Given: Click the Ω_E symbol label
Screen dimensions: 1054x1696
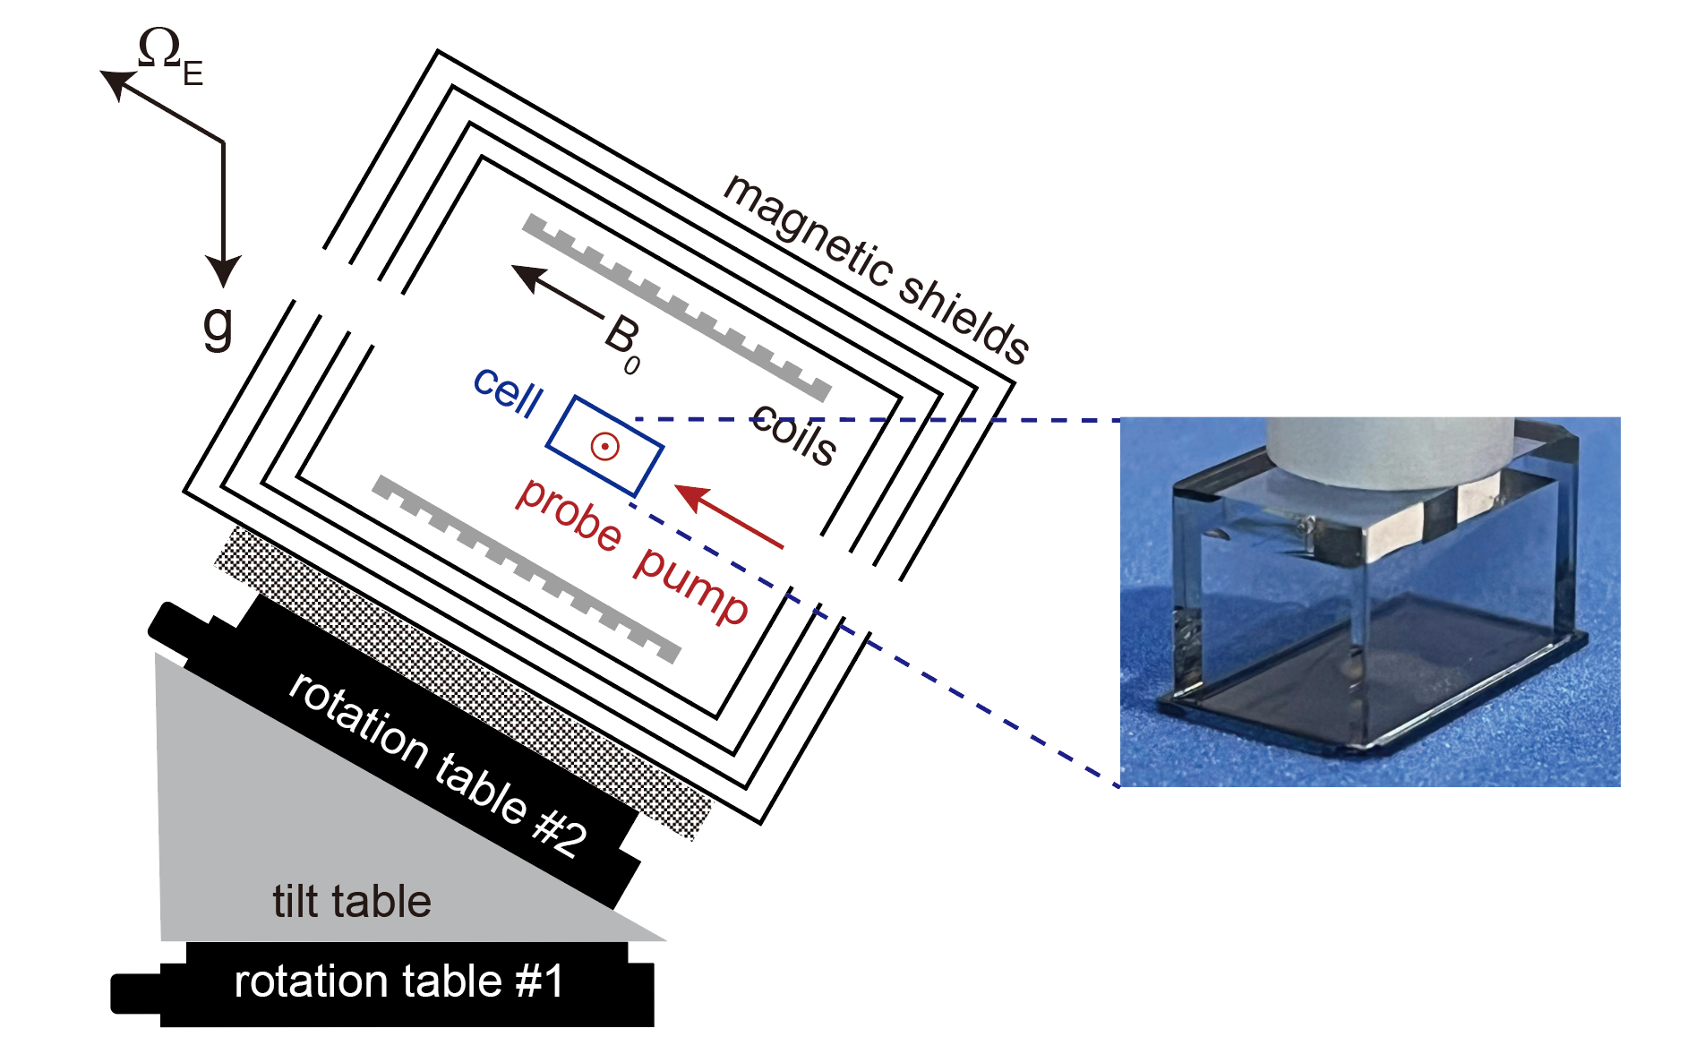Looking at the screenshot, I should (169, 56).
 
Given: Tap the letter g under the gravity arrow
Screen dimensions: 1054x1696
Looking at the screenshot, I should (218, 327).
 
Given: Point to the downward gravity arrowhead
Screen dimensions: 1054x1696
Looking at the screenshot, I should (223, 270).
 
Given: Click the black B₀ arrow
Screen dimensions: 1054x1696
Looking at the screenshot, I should (555, 292).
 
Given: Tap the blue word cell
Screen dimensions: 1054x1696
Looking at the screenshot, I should (508, 391).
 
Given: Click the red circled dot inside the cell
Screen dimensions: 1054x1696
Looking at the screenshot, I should (604, 445).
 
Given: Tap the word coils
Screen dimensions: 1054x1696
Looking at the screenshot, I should (793, 434).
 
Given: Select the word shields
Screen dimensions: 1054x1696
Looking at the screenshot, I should (964, 318).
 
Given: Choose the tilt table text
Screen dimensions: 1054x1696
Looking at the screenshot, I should (352, 901).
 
